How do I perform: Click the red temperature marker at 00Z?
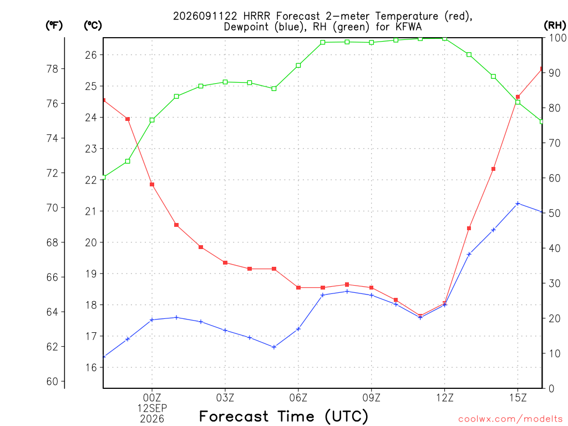(152, 184)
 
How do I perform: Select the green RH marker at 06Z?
(298, 65)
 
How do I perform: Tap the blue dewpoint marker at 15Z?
(518, 204)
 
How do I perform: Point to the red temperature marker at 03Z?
(225, 262)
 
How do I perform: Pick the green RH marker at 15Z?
(518, 102)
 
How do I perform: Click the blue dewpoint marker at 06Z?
(298, 329)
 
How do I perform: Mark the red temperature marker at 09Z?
(372, 288)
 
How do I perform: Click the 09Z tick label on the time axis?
(371, 398)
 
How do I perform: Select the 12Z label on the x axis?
(444, 398)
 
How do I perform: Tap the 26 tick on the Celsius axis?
(92, 55)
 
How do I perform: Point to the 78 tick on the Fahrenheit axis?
(53, 69)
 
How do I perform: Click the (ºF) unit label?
(54, 26)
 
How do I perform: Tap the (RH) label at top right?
(555, 26)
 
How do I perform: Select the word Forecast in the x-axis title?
(234, 417)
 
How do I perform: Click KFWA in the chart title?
(409, 27)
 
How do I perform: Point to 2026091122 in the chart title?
(205, 16)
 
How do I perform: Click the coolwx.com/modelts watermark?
(510, 419)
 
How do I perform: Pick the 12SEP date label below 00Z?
(152, 408)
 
